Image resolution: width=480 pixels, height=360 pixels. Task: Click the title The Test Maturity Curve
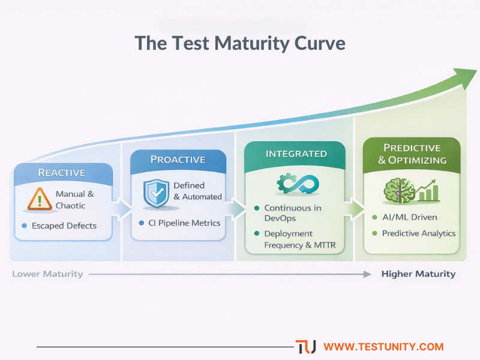[x=240, y=44]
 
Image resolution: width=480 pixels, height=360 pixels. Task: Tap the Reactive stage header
[x=62, y=172]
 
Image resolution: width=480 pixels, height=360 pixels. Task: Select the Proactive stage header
[x=178, y=160]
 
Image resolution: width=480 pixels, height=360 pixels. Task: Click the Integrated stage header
[x=296, y=154]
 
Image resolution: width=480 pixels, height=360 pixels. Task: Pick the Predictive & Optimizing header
[x=412, y=154]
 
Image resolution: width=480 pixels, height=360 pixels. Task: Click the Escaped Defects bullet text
[x=64, y=226]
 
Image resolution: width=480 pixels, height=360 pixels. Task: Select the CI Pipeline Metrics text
[x=184, y=223]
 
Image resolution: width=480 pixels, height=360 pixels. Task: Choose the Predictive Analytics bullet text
[x=418, y=233]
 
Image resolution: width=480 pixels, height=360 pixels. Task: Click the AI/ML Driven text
[x=409, y=217]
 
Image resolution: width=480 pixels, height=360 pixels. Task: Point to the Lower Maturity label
[x=47, y=274]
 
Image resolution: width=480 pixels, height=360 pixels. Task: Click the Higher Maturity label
[x=418, y=274]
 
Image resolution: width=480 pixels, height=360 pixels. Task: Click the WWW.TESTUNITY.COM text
[x=383, y=347]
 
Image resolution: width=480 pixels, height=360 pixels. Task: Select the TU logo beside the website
[x=305, y=347]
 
